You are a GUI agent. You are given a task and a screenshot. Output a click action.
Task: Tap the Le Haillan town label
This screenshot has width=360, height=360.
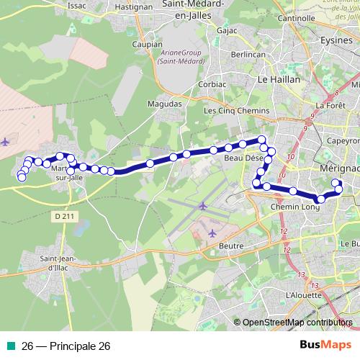tap(279, 80)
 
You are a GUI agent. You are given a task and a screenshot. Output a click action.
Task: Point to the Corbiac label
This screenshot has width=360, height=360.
tap(212, 84)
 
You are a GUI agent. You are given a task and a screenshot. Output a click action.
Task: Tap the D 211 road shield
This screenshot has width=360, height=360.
tap(63, 215)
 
